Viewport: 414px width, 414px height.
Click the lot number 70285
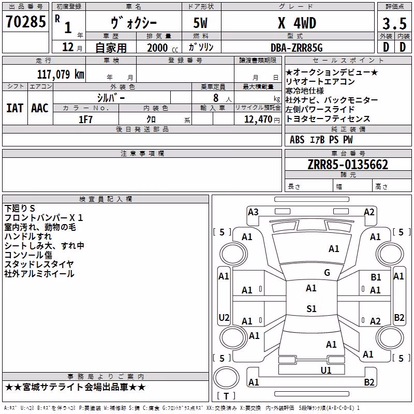[25, 22]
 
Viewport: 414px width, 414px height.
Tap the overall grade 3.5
[394, 23]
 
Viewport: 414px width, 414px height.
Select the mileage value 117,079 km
[61, 74]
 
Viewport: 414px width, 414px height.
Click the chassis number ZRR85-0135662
[348, 165]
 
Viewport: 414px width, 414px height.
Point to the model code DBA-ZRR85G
[297, 48]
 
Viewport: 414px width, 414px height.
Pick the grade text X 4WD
[297, 23]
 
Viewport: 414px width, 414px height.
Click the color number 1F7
[85, 120]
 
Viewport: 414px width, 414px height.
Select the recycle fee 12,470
[258, 120]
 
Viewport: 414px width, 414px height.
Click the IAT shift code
[14, 108]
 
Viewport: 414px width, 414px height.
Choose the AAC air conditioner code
[40, 108]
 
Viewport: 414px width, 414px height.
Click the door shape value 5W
[200, 23]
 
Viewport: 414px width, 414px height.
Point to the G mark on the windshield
[327, 273]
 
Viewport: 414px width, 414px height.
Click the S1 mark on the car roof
[312, 308]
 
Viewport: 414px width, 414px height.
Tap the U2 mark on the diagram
[224, 317]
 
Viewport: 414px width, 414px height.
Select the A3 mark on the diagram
[253, 212]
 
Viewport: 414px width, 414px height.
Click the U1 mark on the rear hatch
[326, 371]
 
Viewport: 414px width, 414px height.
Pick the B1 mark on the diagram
[376, 277]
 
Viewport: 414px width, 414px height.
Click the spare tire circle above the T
[226, 378]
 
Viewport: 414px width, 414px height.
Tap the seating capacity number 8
[216, 98]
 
